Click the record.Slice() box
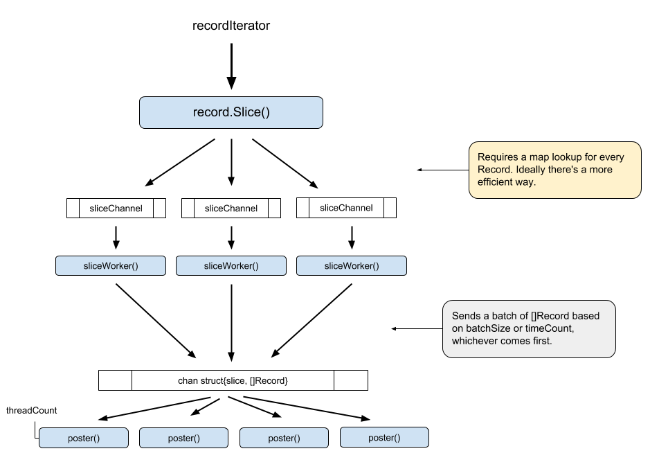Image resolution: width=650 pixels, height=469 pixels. click(231, 112)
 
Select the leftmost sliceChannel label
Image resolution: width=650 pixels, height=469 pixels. click(116, 208)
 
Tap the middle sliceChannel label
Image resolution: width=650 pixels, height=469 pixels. click(231, 208)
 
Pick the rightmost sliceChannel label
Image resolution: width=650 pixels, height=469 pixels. click(346, 208)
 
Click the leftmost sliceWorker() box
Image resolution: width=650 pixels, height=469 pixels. click(111, 266)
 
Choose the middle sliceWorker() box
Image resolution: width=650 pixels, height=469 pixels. click(231, 266)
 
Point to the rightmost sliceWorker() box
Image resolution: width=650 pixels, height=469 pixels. click(352, 266)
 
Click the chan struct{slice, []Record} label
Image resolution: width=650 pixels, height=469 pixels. click(233, 380)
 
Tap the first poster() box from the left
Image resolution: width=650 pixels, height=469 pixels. click(84, 438)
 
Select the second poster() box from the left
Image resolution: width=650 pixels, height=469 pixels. click(183, 438)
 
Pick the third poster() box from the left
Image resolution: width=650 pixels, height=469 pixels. click(284, 438)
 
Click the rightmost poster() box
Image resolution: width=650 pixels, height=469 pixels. click(384, 437)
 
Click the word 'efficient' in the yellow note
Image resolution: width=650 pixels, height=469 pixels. click(497, 182)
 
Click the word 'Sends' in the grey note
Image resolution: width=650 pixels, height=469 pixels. click(465, 316)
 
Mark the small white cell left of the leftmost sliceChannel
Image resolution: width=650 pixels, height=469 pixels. click(73, 208)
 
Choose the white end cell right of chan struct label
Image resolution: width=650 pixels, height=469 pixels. click(350, 380)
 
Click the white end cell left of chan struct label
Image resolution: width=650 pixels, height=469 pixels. click(115, 380)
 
